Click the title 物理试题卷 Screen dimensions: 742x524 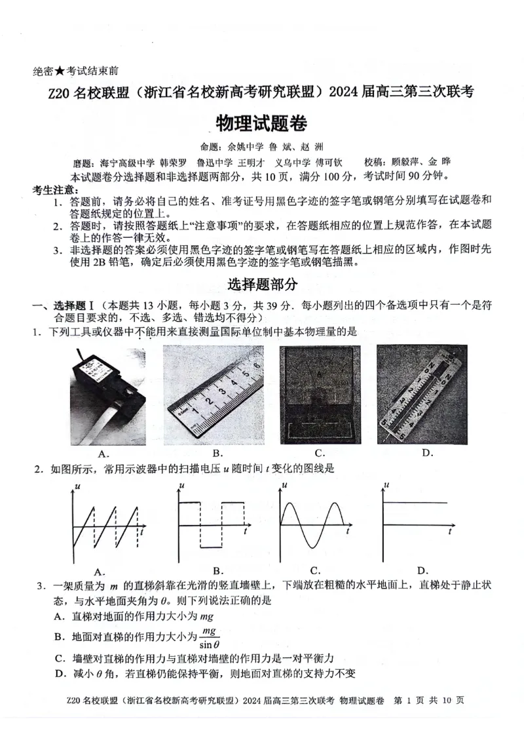pos(262,124)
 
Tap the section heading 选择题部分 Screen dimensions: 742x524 pos(262,284)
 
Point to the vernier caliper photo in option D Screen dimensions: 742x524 pos(422,394)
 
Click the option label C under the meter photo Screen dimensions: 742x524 pos(320,453)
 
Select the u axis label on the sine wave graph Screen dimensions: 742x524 pos(283,486)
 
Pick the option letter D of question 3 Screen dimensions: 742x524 pos(58,674)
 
